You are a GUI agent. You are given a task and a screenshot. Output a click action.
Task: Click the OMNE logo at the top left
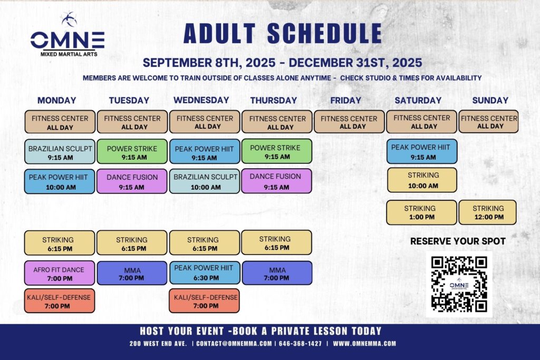point(67,35)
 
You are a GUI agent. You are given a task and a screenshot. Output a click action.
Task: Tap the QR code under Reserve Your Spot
point(459,284)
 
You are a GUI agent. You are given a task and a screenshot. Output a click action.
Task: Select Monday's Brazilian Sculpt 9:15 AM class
point(60,151)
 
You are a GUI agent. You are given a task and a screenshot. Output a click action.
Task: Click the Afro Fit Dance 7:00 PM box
point(60,273)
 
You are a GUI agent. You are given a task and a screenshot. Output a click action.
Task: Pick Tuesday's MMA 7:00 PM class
point(132,273)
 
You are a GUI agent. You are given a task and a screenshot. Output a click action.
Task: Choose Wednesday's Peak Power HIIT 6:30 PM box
point(205,273)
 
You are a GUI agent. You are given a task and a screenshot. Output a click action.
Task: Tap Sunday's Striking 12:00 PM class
point(488,212)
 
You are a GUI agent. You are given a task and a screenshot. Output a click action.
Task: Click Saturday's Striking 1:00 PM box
point(421,212)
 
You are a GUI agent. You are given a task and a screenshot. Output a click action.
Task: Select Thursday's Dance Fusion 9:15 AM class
point(276,181)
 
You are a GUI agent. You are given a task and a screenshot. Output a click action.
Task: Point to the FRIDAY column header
point(346,100)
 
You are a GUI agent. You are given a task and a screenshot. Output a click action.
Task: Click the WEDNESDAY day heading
point(201,100)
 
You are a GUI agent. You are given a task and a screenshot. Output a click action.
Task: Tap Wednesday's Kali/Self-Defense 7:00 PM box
point(204,301)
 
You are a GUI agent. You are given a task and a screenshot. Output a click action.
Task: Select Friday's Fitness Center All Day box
point(349,122)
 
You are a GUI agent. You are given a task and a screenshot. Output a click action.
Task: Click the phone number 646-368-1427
point(300,344)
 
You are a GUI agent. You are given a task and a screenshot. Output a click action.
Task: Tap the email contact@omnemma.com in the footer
point(234,344)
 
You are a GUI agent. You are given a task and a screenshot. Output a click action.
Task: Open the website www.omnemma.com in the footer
point(364,344)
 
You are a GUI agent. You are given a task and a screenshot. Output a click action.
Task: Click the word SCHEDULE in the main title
point(325,33)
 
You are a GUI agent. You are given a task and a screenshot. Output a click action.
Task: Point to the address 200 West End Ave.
point(158,344)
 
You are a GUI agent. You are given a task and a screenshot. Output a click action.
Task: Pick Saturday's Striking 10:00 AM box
point(422,180)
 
